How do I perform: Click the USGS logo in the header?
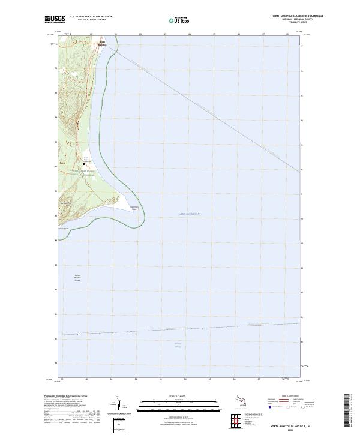pos(55,19)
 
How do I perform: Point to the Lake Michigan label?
pos(189,214)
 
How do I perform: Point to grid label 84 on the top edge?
pos(190,34)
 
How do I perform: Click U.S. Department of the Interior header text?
pos(91,17)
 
